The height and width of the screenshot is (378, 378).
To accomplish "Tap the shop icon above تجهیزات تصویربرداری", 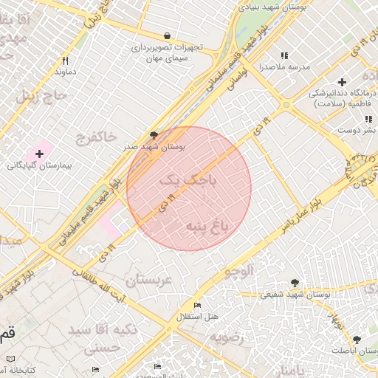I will pos(168,35).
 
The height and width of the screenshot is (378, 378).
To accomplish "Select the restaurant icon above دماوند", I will pos(65,61).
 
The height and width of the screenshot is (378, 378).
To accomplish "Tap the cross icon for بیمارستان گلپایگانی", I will pos(39,153).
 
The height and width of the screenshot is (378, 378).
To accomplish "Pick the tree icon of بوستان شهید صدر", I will pos(154,135).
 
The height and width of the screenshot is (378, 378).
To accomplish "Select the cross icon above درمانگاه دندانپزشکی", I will pos(341,81).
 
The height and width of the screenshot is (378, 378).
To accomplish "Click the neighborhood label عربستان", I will pos(148,281).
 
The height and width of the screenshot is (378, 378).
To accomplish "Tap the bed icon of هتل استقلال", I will pos(196,306).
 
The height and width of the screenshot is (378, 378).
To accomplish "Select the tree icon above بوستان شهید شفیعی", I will pos(295,282).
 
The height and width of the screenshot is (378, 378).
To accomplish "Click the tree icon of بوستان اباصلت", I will pos(357,339).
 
